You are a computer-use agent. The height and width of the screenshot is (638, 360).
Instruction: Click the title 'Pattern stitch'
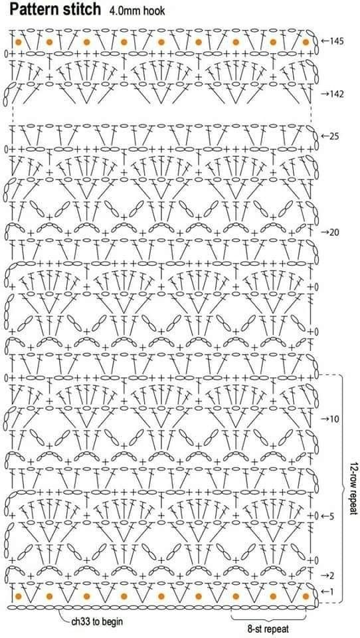click(55, 9)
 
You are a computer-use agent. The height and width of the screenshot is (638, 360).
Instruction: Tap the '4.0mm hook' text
click(137, 11)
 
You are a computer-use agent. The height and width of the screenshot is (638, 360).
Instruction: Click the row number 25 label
click(334, 136)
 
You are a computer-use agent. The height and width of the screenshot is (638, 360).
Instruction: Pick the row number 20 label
click(335, 233)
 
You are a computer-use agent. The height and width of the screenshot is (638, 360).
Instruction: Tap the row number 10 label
click(335, 419)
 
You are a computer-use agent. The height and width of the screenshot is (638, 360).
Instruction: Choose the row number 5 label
click(331, 516)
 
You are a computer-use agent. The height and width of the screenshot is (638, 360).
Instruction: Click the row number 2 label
click(331, 576)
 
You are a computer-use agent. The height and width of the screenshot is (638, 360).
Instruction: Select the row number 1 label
click(332, 591)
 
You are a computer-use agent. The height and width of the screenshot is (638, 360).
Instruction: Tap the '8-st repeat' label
click(269, 628)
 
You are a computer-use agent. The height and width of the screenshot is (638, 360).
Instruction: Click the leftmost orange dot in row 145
click(19, 42)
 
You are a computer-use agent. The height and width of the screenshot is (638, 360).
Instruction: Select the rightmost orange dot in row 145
click(306, 42)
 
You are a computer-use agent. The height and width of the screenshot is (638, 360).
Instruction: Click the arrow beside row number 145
click(325, 41)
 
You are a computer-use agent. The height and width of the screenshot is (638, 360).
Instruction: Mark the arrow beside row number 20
click(325, 233)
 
